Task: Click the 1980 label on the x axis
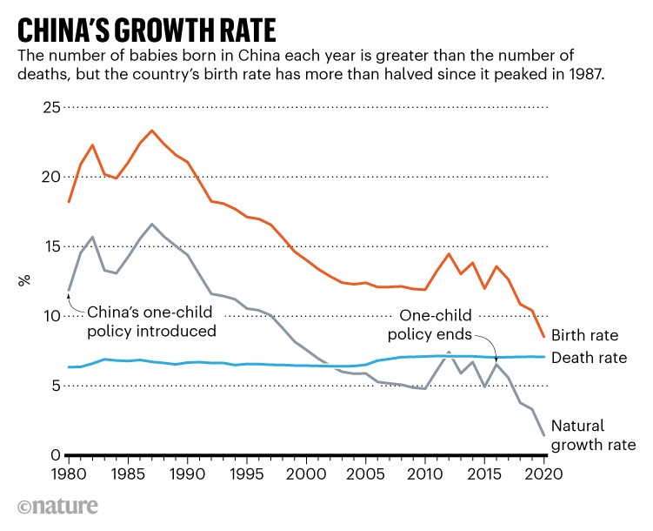point(69,474)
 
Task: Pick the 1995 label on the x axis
point(247,474)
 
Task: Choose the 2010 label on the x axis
point(425,474)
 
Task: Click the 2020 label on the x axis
point(543,474)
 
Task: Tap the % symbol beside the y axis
point(25,280)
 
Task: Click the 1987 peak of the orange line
point(152,131)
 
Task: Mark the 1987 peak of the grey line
point(152,224)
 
